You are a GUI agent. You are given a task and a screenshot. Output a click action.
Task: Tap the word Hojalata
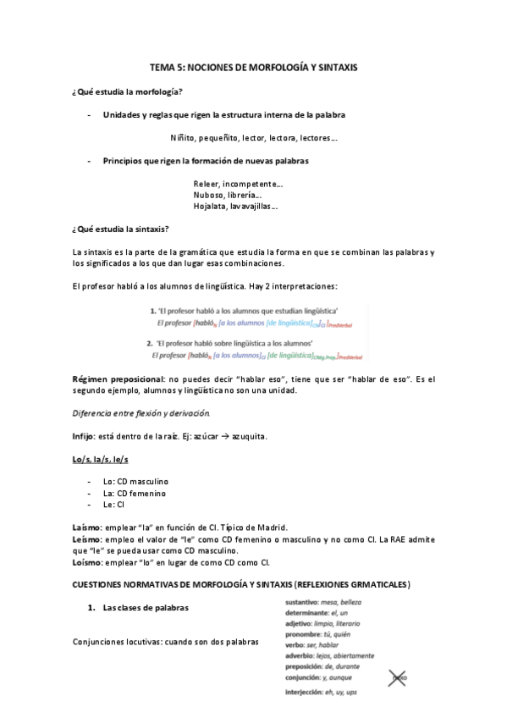point(211,206)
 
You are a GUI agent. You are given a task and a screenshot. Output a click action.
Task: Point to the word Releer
point(207,184)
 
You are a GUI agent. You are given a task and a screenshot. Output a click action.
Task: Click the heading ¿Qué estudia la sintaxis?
point(121,229)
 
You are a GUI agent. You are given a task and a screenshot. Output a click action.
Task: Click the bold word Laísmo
point(87,527)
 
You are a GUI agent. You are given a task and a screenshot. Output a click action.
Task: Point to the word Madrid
point(269,527)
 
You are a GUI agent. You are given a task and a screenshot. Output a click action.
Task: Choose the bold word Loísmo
point(87,561)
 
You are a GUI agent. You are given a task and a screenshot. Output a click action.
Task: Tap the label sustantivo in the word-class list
point(306,601)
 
